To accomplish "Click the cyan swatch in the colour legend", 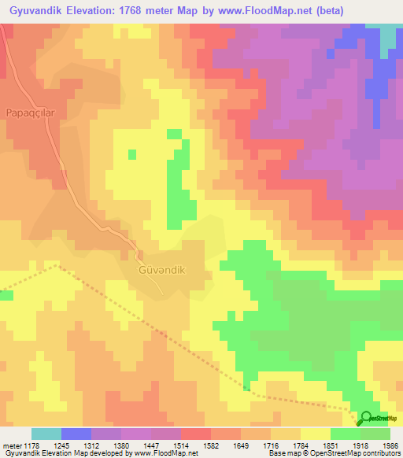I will click(x=46, y=434).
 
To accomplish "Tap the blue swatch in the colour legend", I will click(x=76, y=434).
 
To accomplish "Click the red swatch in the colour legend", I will click(x=196, y=434).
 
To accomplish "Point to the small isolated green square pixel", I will click(x=131, y=153).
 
